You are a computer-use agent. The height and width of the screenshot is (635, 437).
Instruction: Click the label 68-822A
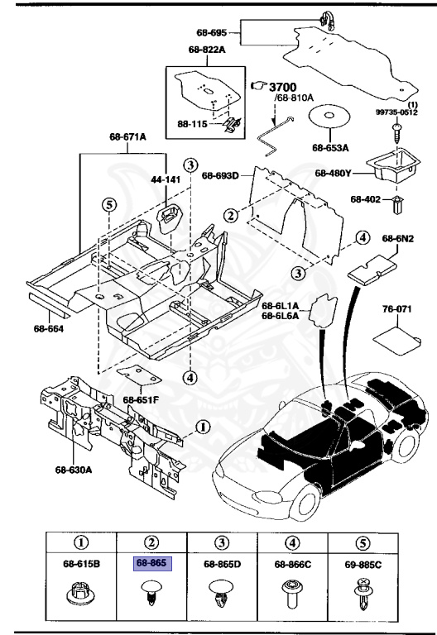tap(207, 50)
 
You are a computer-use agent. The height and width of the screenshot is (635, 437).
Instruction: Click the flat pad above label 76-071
tap(396, 337)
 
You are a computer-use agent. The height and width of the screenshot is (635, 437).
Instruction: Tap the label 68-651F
tap(141, 400)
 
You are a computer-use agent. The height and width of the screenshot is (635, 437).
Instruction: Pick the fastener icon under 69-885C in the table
tap(363, 596)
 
